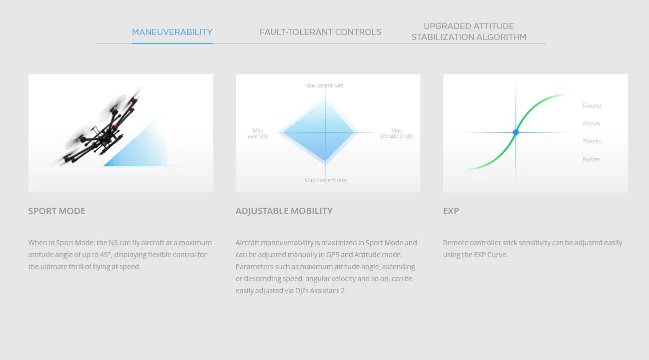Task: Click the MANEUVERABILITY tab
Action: [172, 32]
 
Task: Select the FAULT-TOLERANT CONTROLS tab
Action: [320, 32]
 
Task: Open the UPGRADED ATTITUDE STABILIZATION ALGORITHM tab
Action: [469, 31]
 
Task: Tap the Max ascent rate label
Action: [324, 85]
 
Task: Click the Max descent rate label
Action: [325, 180]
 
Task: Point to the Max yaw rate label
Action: [258, 133]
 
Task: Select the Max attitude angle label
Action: [396, 133]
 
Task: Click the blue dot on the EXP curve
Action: [516, 132]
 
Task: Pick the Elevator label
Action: [592, 106]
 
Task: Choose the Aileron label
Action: [591, 124]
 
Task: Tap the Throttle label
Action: [592, 141]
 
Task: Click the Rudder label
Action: [591, 159]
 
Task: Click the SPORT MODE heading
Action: [57, 211]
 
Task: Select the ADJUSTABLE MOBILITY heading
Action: [284, 211]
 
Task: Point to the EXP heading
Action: [451, 211]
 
